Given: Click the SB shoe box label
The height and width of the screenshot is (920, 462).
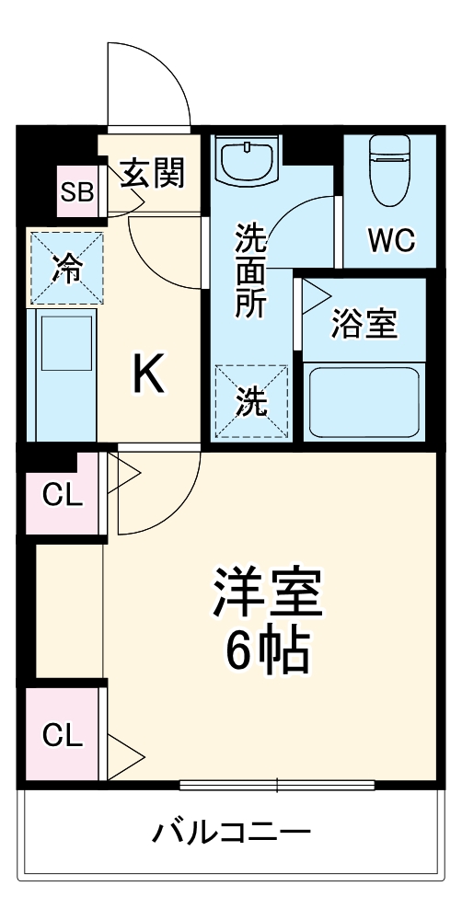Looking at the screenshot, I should pos(76,192).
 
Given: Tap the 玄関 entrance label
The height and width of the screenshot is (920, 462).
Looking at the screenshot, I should pos(153,172).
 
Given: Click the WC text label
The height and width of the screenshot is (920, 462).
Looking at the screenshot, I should pos(392,239).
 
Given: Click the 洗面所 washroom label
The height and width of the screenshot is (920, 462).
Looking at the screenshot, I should pos(249,271).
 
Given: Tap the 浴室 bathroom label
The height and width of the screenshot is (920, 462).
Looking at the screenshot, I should pos(363,324).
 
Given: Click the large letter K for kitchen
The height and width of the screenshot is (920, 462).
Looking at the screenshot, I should pos(149,373).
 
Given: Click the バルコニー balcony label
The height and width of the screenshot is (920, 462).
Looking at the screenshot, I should pos(231,834).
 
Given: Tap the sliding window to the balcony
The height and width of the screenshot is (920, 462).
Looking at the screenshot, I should pos(277,785).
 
